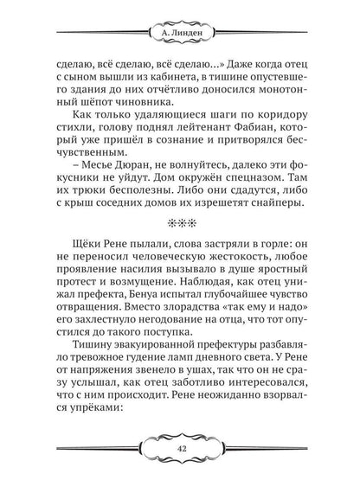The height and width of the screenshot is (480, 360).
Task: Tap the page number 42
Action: (x=180, y=450)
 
